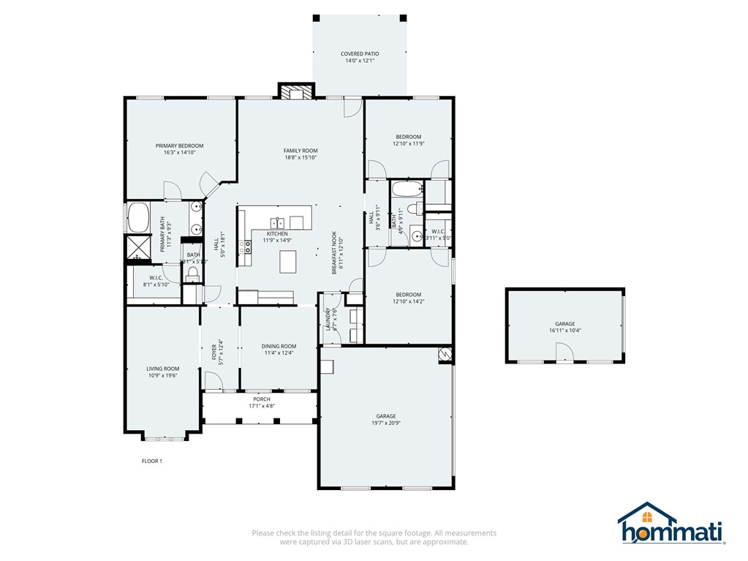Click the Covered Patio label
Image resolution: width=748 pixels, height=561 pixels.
point(359,54)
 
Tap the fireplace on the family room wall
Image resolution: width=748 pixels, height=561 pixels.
point(296,91)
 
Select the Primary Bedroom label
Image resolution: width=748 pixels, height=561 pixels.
point(179,146)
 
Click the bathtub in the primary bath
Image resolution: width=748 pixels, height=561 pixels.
point(138,217)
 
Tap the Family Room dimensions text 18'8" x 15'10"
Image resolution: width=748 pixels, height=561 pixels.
point(301,157)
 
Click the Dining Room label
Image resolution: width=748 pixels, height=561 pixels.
point(279,346)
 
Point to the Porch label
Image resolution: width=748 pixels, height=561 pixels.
point(261,399)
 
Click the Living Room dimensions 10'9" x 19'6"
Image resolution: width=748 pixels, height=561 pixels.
point(162,375)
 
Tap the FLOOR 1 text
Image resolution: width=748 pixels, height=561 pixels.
point(151,461)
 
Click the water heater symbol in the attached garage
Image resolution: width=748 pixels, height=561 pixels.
point(444,355)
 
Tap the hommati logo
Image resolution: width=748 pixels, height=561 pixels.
point(670,524)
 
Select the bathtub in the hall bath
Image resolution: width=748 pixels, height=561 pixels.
point(406,189)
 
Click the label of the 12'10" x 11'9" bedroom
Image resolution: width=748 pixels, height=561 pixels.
point(409,137)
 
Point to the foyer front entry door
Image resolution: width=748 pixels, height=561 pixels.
point(213,381)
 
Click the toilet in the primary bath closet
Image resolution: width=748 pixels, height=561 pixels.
point(192,274)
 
